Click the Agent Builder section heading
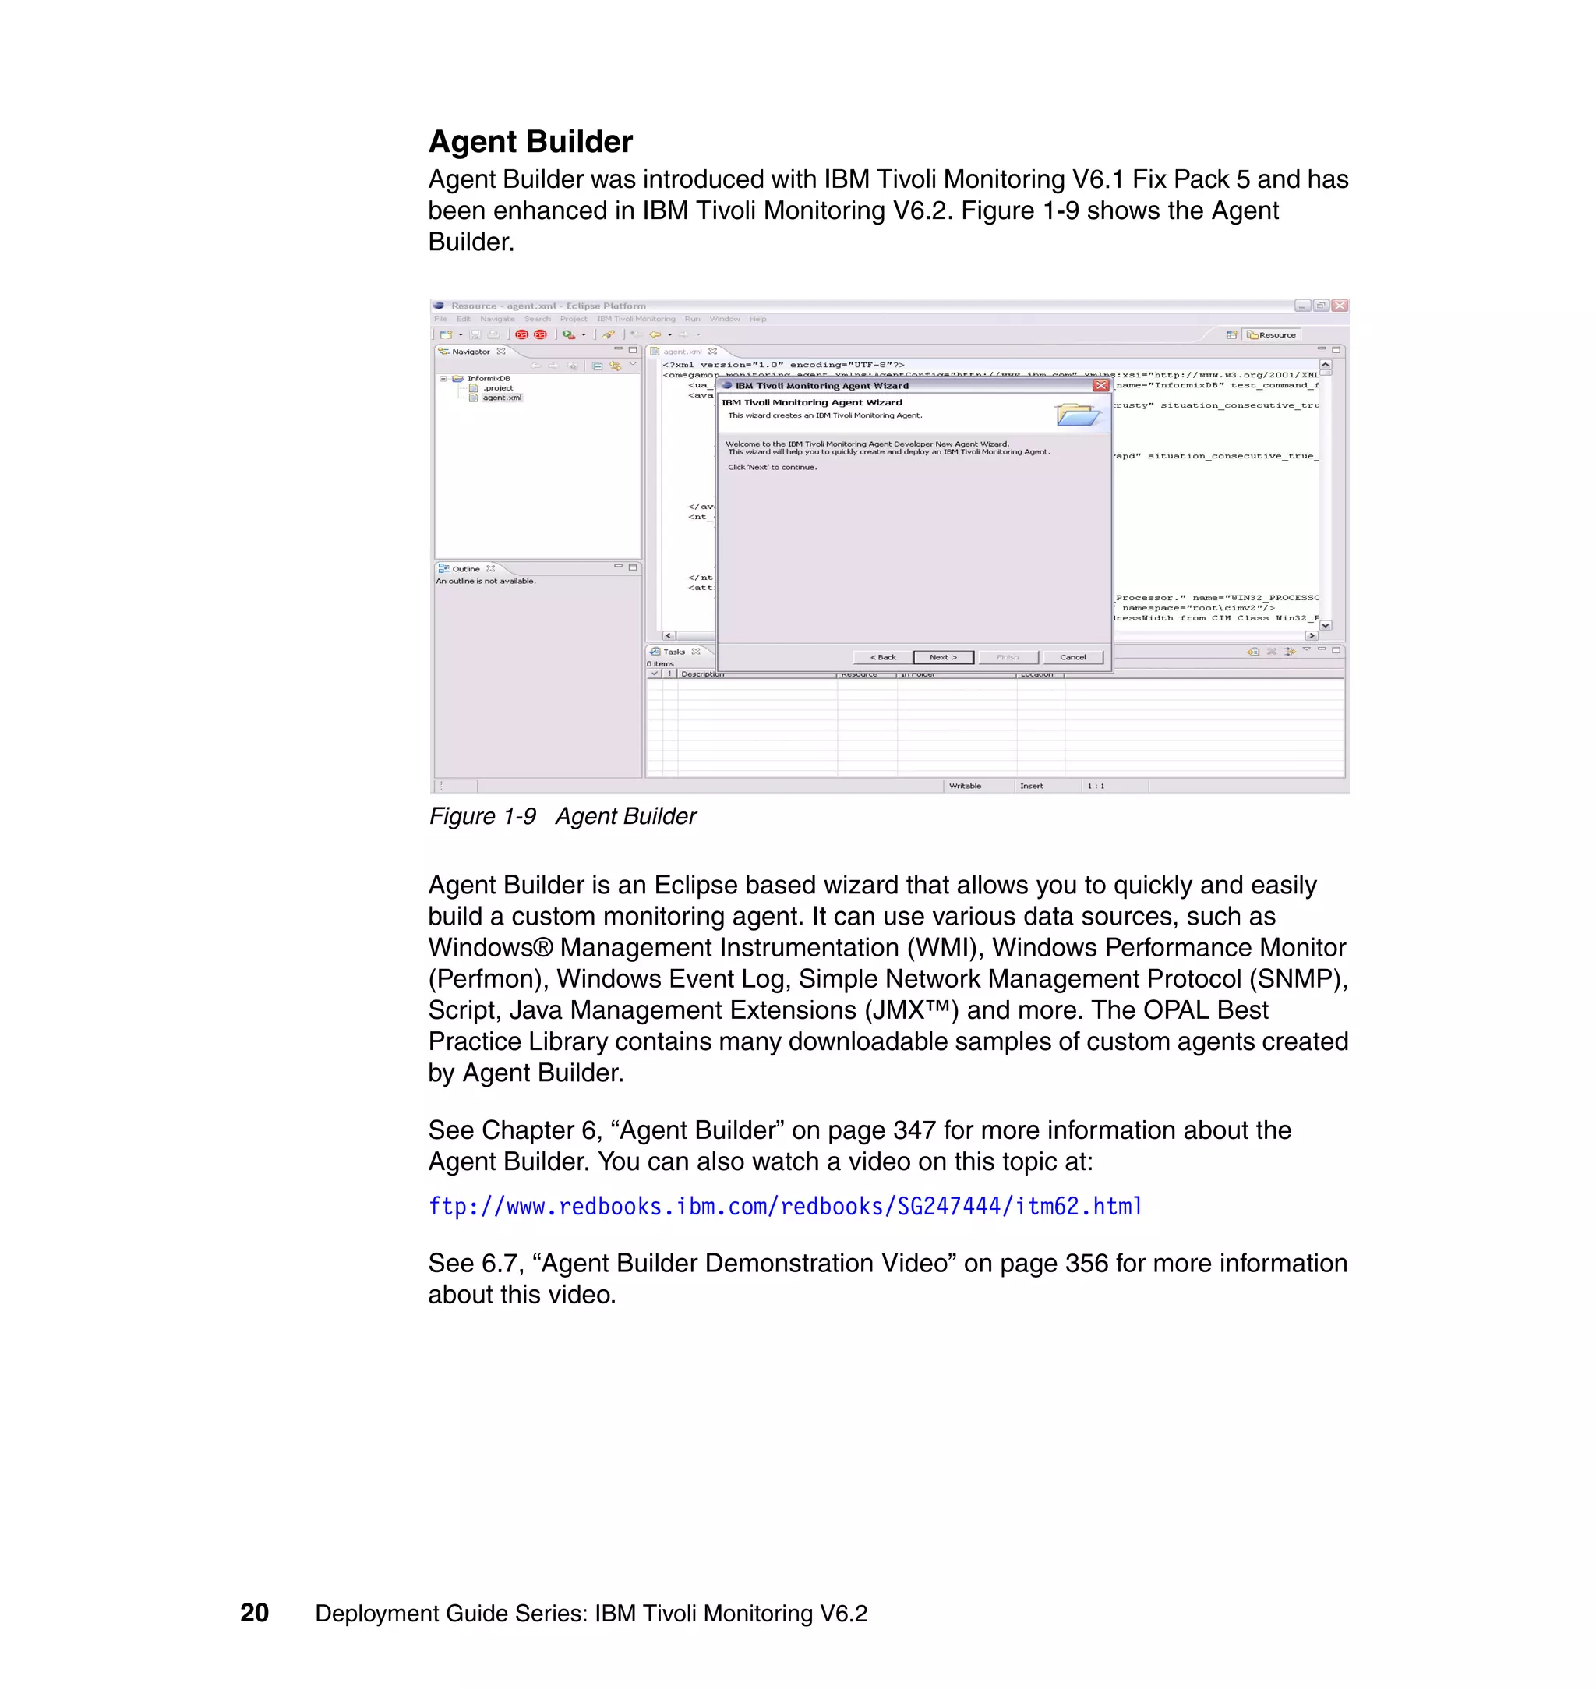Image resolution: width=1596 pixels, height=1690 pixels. click(530, 141)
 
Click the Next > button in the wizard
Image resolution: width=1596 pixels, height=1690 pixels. click(943, 657)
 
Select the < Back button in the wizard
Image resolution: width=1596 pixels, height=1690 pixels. click(882, 657)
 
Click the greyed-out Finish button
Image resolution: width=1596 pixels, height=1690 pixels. click(1008, 657)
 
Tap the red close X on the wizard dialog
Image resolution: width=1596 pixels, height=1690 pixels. click(1101, 386)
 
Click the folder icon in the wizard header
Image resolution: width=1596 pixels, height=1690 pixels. click(1077, 415)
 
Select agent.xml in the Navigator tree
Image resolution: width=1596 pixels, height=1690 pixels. click(501, 398)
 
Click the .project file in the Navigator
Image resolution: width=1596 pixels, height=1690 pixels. click(498, 388)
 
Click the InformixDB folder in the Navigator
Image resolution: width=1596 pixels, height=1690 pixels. click(488, 379)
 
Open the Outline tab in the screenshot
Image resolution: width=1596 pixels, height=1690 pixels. click(465, 568)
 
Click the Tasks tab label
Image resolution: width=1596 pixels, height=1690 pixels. click(673, 652)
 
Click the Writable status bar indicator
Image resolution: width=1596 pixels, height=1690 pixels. click(965, 786)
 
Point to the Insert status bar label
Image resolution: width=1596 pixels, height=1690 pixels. click(1031, 786)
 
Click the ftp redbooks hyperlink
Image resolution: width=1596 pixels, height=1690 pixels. click(785, 1206)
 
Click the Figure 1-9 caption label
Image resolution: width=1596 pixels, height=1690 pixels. click(482, 816)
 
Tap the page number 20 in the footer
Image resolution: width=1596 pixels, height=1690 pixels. click(254, 1613)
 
